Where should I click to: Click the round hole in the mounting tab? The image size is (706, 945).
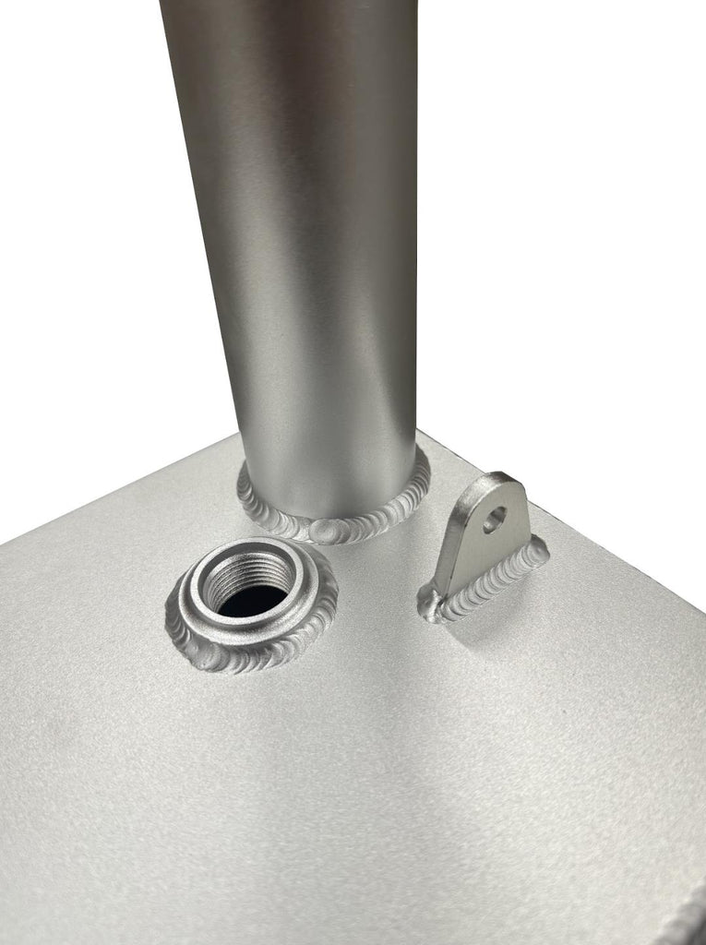(495, 519)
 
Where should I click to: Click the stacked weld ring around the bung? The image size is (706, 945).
(249, 650)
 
